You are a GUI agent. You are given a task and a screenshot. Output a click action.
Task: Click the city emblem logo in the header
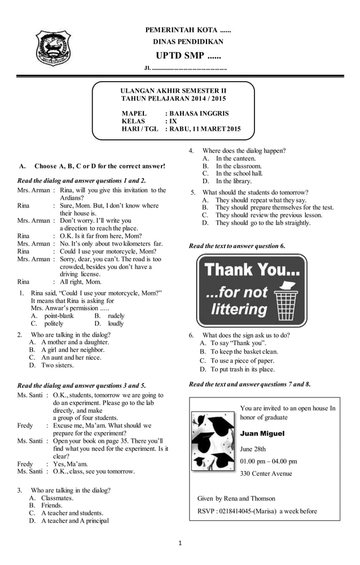(54, 51)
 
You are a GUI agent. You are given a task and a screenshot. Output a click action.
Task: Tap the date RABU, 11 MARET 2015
(205, 129)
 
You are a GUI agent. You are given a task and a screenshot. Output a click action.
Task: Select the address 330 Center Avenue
(266, 474)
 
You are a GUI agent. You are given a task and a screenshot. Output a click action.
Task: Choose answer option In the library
(234, 181)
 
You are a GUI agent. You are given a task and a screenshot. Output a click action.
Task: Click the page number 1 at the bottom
(180, 543)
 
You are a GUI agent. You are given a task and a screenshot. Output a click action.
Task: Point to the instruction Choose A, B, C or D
(100, 166)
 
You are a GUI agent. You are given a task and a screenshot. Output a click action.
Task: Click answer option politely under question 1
(54, 324)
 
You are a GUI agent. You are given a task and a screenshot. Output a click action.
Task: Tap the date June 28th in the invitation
(253, 449)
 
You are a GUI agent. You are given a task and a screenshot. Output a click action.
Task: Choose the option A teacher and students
(72, 513)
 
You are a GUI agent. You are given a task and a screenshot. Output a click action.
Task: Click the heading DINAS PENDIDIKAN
(188, 42)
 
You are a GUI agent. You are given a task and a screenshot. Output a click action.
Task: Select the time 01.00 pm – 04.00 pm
(268, 461)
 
